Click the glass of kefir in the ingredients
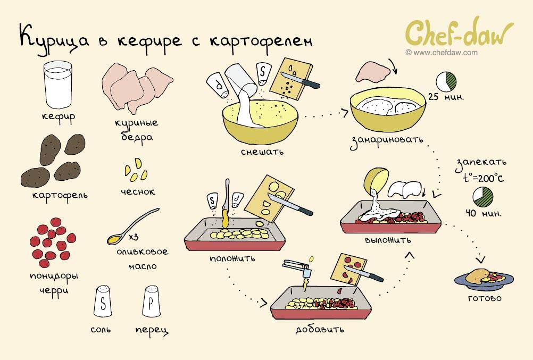(x=57, y=85)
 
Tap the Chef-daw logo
(x=459, y=34)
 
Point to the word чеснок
(x=138, y=191)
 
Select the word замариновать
(x=387, y=141)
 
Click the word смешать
(x=262, y=152)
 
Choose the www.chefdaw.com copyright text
(x=442, y=53)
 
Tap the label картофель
(x=60, y=195)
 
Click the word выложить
(x=388, y=240)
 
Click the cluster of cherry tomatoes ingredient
(x=52, y=242)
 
